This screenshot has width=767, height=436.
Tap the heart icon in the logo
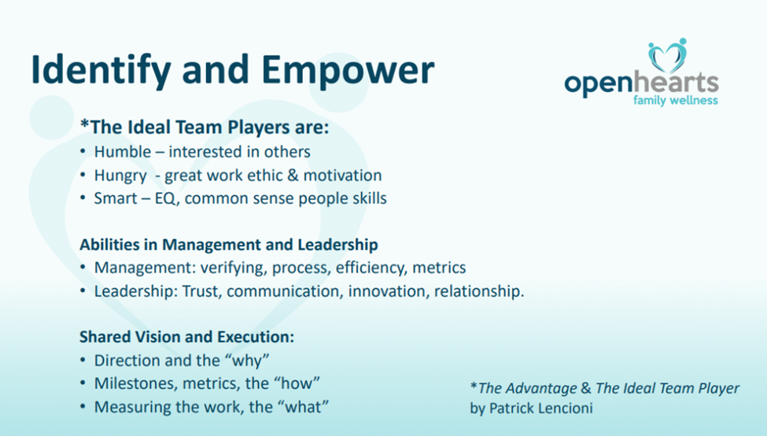coord(668,55)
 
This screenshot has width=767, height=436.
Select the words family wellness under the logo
coord(676,100)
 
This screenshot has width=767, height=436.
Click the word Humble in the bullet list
coord(123,152)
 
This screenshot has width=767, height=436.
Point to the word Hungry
coord(120,176)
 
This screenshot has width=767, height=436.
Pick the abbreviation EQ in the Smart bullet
coord(165,198)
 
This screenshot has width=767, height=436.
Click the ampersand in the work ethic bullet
coord(293,176)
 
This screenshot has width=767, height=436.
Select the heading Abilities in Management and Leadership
coord(229,244)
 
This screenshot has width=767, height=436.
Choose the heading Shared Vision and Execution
coord(187,337)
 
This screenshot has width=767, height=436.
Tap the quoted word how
coord(301,383)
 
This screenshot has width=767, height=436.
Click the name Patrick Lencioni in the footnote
coord(541,408)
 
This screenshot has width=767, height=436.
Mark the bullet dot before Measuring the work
coord(83,407)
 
